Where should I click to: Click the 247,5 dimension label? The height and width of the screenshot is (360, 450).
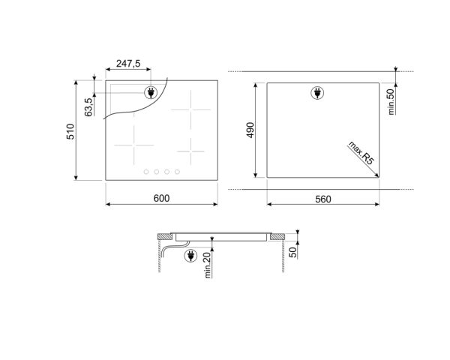(x=127, y=64)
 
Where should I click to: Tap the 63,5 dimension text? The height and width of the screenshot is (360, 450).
(x=88, y=106)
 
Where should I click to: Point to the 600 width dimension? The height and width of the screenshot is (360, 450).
(x=161, y=199)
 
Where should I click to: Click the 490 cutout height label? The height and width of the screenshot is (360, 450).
(x=250, y=130)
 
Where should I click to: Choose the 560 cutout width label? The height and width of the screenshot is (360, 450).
(x=323, y=199)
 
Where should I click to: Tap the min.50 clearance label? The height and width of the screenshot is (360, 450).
(x=391, y=100)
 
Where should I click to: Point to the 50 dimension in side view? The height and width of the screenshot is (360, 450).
(x=293, y=252)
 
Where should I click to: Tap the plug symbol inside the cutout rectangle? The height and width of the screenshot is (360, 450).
(x=316, y=93)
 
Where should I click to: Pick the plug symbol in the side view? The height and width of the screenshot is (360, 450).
(x=189, y=257)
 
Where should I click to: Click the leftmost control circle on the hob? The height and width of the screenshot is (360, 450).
(x=146, y=172)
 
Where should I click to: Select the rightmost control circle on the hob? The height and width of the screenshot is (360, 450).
(x=177, y=172)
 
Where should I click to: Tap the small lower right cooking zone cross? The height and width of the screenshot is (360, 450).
(x=191, y=148)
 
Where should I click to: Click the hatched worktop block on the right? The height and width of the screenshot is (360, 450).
(x=277, y=237)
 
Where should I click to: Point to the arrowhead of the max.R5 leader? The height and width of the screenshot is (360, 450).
(x=377, y=175)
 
